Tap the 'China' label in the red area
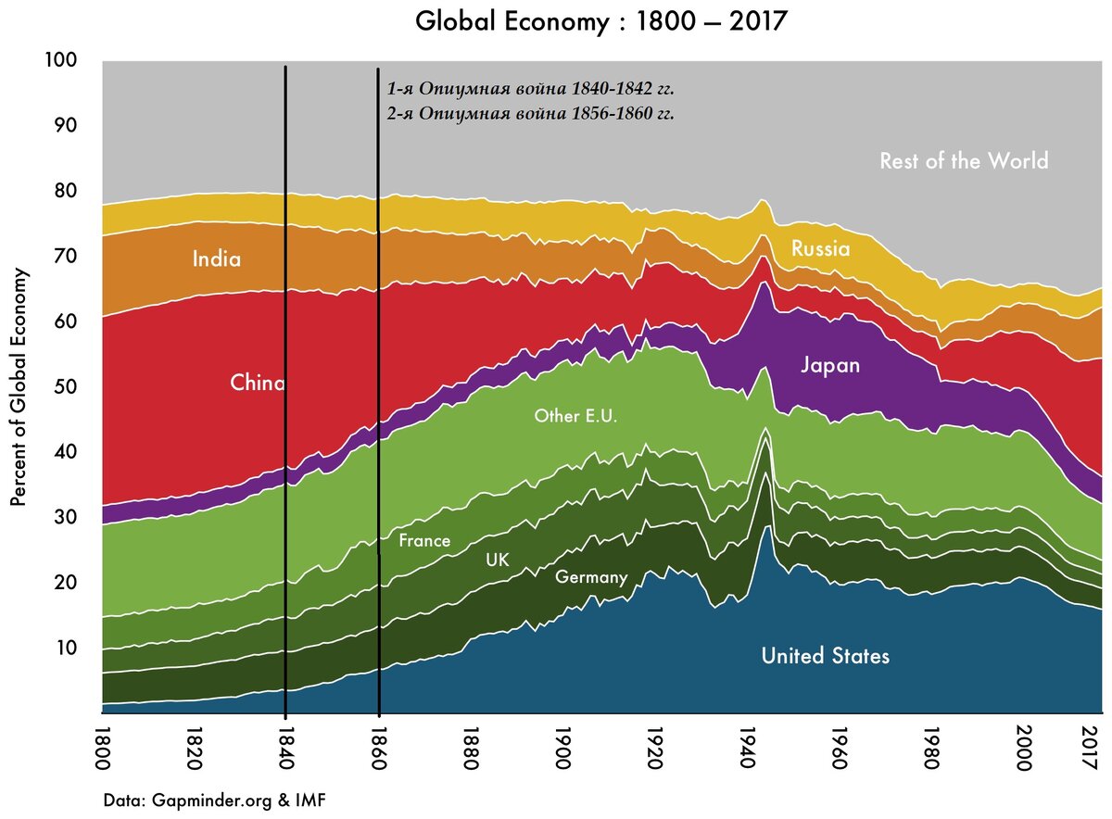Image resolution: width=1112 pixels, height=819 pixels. pyautogui.click(x=257, y=383)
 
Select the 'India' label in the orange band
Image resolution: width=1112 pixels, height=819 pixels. pyautogui.click(x=216, y=259)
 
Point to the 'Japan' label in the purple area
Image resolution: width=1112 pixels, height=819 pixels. pyautogui.click(x=829, y=365)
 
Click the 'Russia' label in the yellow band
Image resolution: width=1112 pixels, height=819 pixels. pyautogui.click(x=819, y=248)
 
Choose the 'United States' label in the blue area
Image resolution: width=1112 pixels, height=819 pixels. pyautogui.click(x=825, y=656)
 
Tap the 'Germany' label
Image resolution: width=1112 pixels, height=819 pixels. pyautogui.click(x=591, y=577)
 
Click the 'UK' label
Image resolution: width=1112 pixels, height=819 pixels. pyautogui.click(x=497, y=560)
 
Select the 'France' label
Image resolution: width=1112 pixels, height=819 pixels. pyautogui.click(x=423, y=540)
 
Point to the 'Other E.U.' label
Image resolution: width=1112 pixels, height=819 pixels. pyautogui.click(x=575, y=416)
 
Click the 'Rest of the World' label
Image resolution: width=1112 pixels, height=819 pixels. pyautogui.click(x=964, y=161)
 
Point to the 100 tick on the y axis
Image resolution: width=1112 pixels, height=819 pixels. pyautogui.click(x=61, y=61)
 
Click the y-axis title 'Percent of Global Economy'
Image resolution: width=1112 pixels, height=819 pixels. pyautogui.click(x=18, y=387)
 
